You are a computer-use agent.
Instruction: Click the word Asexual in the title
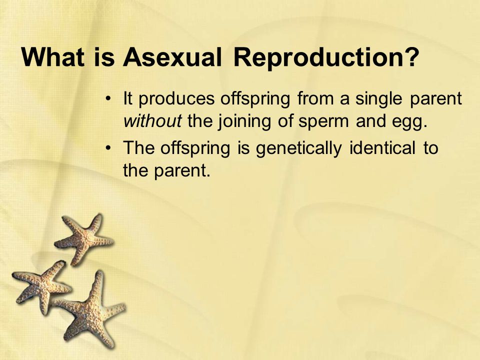tap(172, 57)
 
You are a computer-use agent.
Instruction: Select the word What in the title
tap(52, 57)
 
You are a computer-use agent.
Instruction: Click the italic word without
tap(152, 120)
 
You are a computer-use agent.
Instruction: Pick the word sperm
tap(323, 122)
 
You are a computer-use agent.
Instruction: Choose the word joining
tap(244, 122)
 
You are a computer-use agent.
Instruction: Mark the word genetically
tap(299, 149)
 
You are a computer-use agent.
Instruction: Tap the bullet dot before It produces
tap(108, 99)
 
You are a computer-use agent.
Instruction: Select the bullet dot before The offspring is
tap(108, 148)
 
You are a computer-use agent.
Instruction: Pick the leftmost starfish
tap(42, 286)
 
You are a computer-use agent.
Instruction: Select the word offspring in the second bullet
tap(195, 149)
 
